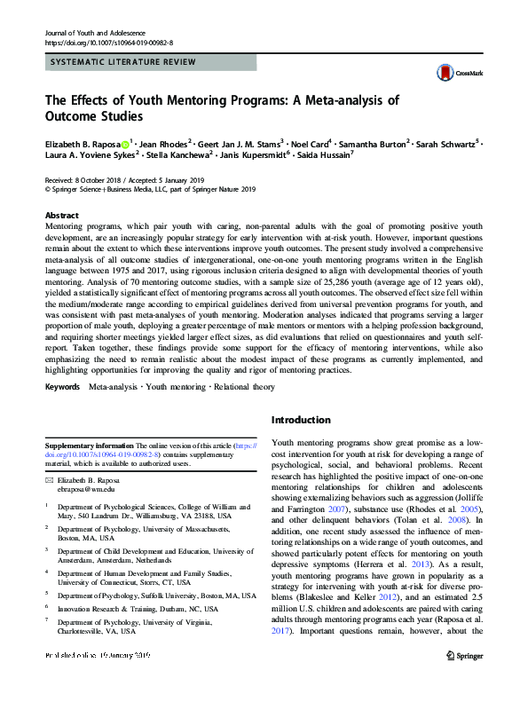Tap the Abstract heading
pyautogui.click(x=62, y=216)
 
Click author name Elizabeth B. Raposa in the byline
pyautogui.click(x=81, y=142)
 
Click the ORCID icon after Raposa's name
pyautogui.click(x=125, y=142)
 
